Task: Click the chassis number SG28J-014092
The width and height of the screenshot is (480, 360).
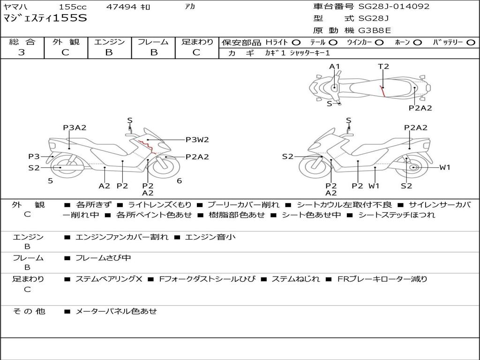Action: [x=394, y=6]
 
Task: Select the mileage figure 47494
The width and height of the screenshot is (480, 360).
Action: [x=121, y=7]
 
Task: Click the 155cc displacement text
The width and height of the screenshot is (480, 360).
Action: [x=73, y=7]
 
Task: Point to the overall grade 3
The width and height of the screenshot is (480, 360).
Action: [x=22, y=52]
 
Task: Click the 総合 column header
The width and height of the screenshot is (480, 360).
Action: [x=22, y=42]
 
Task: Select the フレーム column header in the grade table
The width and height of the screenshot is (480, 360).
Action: [x=153, y=42]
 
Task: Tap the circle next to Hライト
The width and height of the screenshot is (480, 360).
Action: [x=296, y=43]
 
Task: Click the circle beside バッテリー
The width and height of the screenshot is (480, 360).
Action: [x=471, y=43]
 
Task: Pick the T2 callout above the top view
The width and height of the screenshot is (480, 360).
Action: [x=383, y=67]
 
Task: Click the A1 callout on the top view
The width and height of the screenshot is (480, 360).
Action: [x=335, y=67]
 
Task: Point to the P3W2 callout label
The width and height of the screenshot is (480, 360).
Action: [x=197, y=140]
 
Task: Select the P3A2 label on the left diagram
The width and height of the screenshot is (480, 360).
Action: [x=75, y=127]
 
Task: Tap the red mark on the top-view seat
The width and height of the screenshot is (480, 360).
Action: [x=382, y=91]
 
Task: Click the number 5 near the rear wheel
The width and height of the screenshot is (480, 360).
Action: [x=51, y=181]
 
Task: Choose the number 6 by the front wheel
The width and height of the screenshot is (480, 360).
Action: [x=180, y=181]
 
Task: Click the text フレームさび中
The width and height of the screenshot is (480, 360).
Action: [x=103, y=258]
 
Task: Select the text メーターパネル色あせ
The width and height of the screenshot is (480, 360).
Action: [x=116, y=311]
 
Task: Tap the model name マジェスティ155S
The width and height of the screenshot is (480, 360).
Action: [x=45, y=18]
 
